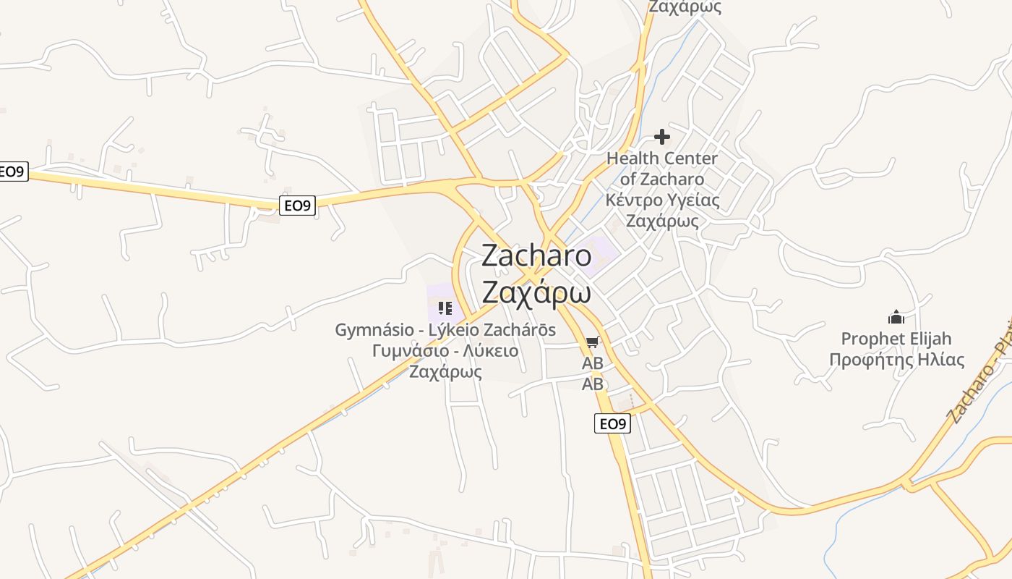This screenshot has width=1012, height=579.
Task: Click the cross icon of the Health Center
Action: coord(662,137)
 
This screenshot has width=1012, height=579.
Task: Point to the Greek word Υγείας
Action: coord(694,200)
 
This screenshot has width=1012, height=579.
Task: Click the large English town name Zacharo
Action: coord(536,255)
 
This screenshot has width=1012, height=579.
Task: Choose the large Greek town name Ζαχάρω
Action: coord(536,292)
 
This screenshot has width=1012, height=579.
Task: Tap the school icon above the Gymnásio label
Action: coord(445,309)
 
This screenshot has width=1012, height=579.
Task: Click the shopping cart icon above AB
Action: coord(593,342)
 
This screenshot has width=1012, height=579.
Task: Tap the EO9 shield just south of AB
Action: coord(612,424)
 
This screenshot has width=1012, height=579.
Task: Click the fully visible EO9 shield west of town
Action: coord(297,206)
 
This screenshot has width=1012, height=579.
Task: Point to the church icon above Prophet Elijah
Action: coord(896,317)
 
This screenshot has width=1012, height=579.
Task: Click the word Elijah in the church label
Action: coord(931,339)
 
